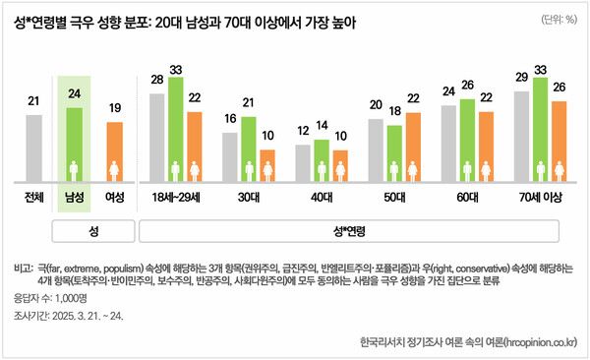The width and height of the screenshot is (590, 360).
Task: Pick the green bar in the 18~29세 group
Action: coord(176,129)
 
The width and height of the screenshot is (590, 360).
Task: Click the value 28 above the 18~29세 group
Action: coord(156,80)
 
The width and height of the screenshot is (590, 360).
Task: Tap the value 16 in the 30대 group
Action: coord(230,118)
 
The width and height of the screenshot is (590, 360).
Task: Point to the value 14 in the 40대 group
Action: coord(321,126)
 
